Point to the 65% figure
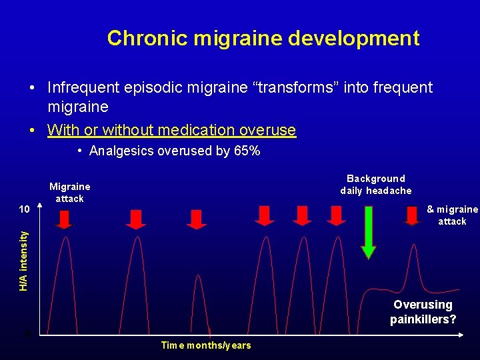coord(247,151)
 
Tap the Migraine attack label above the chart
coord(69,192)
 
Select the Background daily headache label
coord(376,185)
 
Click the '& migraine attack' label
coord(452,215)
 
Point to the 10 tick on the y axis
coord(24,209)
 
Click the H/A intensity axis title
coord(24,261)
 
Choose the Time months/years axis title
coord(206,345)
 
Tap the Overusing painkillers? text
coord(423,312)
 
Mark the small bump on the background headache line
coord(418,267)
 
